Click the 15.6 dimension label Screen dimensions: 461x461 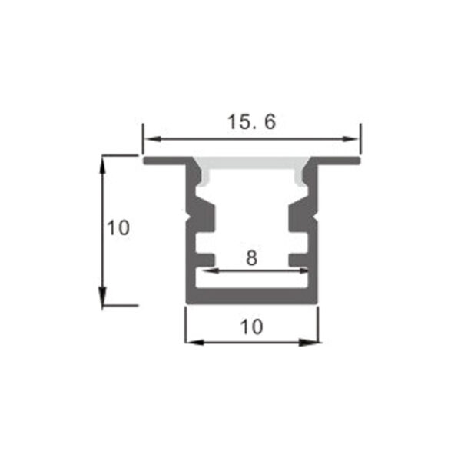click(252, 121)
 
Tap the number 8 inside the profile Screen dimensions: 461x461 click(252, 258)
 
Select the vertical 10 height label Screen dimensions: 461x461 click(118, 227)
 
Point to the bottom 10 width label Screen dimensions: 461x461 click(252, 327)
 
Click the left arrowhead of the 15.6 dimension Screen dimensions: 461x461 click(152, 139)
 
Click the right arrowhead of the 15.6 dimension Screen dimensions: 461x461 click(351, 139)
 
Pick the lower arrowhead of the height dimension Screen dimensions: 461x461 click(102, 296)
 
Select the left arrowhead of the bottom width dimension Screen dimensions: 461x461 click(195, 342)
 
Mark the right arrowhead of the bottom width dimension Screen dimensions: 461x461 click(308, 342)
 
